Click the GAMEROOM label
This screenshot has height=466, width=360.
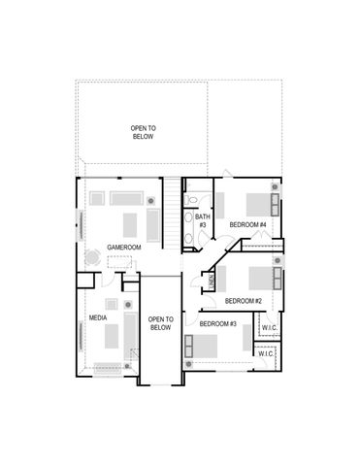[x=124, y=248]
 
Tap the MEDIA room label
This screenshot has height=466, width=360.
[x=98, y=317]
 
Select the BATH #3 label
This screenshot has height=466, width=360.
[x=203, y=220]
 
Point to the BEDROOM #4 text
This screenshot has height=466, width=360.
[x=247, y=225]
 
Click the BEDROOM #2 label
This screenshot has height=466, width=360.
[x=244, y=301]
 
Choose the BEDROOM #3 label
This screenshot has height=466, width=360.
[x=217, y=323]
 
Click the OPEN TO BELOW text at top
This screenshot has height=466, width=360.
[x=144, y=133]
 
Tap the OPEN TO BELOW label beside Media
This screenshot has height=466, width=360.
[x=160, y=323]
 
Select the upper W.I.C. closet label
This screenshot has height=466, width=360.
[x=269, y=328]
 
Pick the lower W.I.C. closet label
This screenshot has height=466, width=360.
[x=266, y=354]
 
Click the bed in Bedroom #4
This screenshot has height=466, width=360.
[x=257, y=205]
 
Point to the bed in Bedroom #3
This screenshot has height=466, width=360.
[x=205, y=347]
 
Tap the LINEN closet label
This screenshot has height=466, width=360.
[x=212, y=281]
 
